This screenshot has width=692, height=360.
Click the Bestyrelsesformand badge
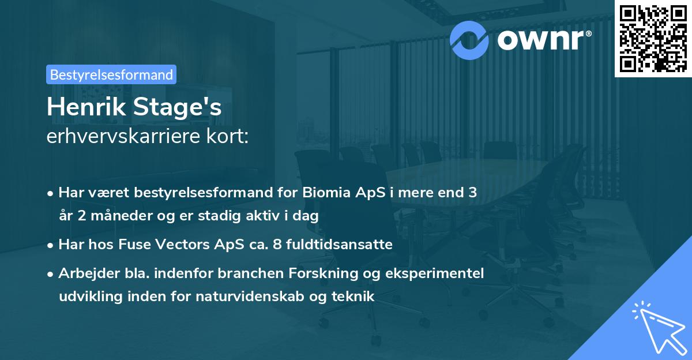coord(111,74)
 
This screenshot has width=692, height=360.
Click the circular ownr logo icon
coord(469,39)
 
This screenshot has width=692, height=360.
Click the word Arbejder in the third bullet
coord(84,273)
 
